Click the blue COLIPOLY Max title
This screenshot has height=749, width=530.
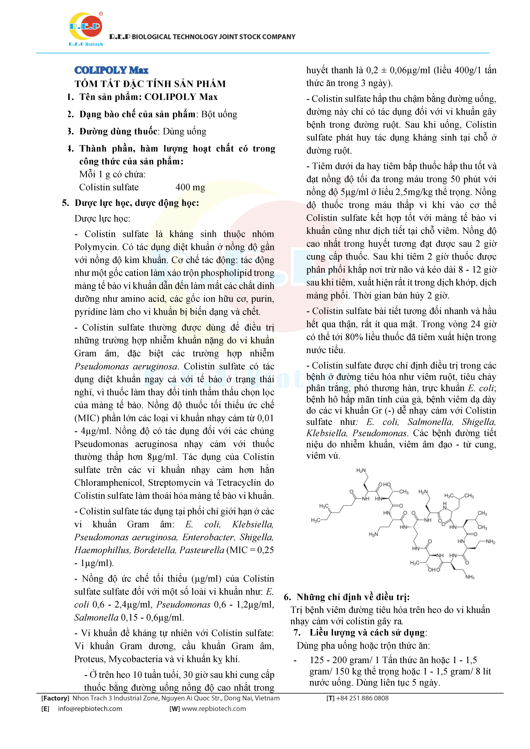coord(111,70)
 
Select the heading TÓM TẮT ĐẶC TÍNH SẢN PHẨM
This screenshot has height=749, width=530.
coord(150,84)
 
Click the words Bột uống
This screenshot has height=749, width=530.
coord(219,114)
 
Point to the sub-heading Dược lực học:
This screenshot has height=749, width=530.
coord(102,219)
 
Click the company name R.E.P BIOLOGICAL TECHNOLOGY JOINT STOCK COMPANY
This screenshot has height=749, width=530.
coord(202,37)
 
